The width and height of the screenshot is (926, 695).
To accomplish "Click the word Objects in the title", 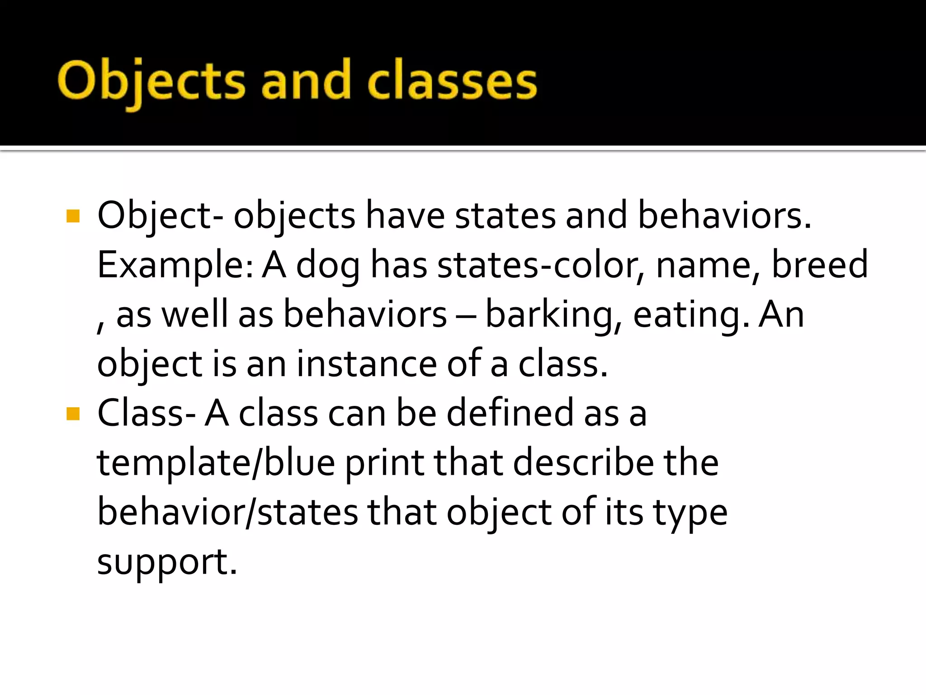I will pos(151,81).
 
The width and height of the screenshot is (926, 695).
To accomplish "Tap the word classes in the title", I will pos(452,81).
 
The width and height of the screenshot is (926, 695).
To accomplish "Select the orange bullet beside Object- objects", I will pos(73,216).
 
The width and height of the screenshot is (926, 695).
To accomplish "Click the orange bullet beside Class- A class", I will pos(73,414).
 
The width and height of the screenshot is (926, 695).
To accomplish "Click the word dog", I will pos(328,266).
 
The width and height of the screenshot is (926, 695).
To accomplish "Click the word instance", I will pos(366,364).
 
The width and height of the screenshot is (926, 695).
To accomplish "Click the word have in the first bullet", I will pos(405,216).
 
